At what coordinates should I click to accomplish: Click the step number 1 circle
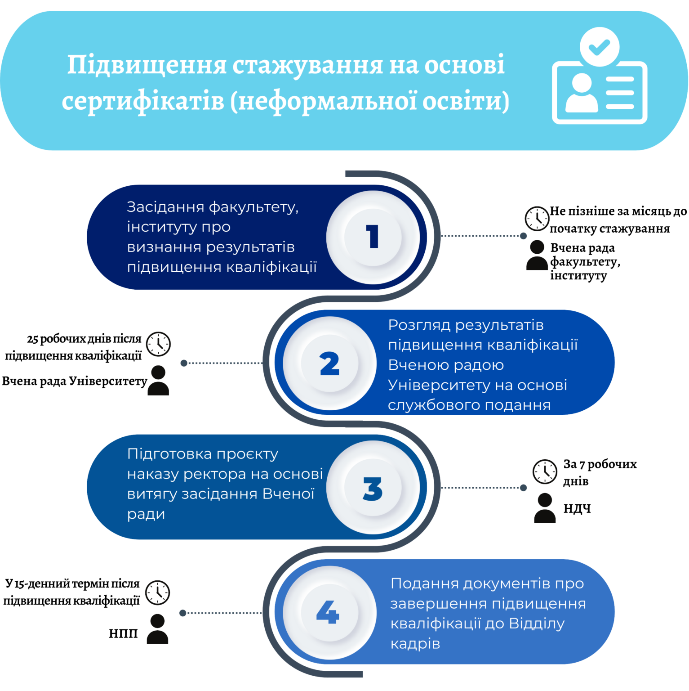[373, 237]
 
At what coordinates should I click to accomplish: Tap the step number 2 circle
[329, 363]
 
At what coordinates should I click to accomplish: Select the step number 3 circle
[373, 488]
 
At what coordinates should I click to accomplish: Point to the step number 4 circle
[329, 612]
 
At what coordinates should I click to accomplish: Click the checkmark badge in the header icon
[600, 47]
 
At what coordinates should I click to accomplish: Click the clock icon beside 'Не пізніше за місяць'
[537, 219]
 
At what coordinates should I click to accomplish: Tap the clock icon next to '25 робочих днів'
[158, 344]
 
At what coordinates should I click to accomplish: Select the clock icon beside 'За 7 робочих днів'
[545, 471]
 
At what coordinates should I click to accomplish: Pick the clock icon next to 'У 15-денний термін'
[157, 592]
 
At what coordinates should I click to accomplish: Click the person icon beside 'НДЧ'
[545, 508]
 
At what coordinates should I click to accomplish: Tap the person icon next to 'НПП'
[157, 629]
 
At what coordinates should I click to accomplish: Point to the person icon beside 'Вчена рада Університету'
[158, 381]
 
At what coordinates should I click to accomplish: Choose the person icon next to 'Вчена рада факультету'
[537, 255]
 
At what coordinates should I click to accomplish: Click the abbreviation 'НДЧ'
[577, 508]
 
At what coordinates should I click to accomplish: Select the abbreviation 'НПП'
[123, 633]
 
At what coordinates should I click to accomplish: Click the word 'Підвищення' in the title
[147, 65]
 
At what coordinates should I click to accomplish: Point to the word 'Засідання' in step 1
[165, 207]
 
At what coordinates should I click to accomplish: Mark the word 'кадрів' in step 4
[415, 644]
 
